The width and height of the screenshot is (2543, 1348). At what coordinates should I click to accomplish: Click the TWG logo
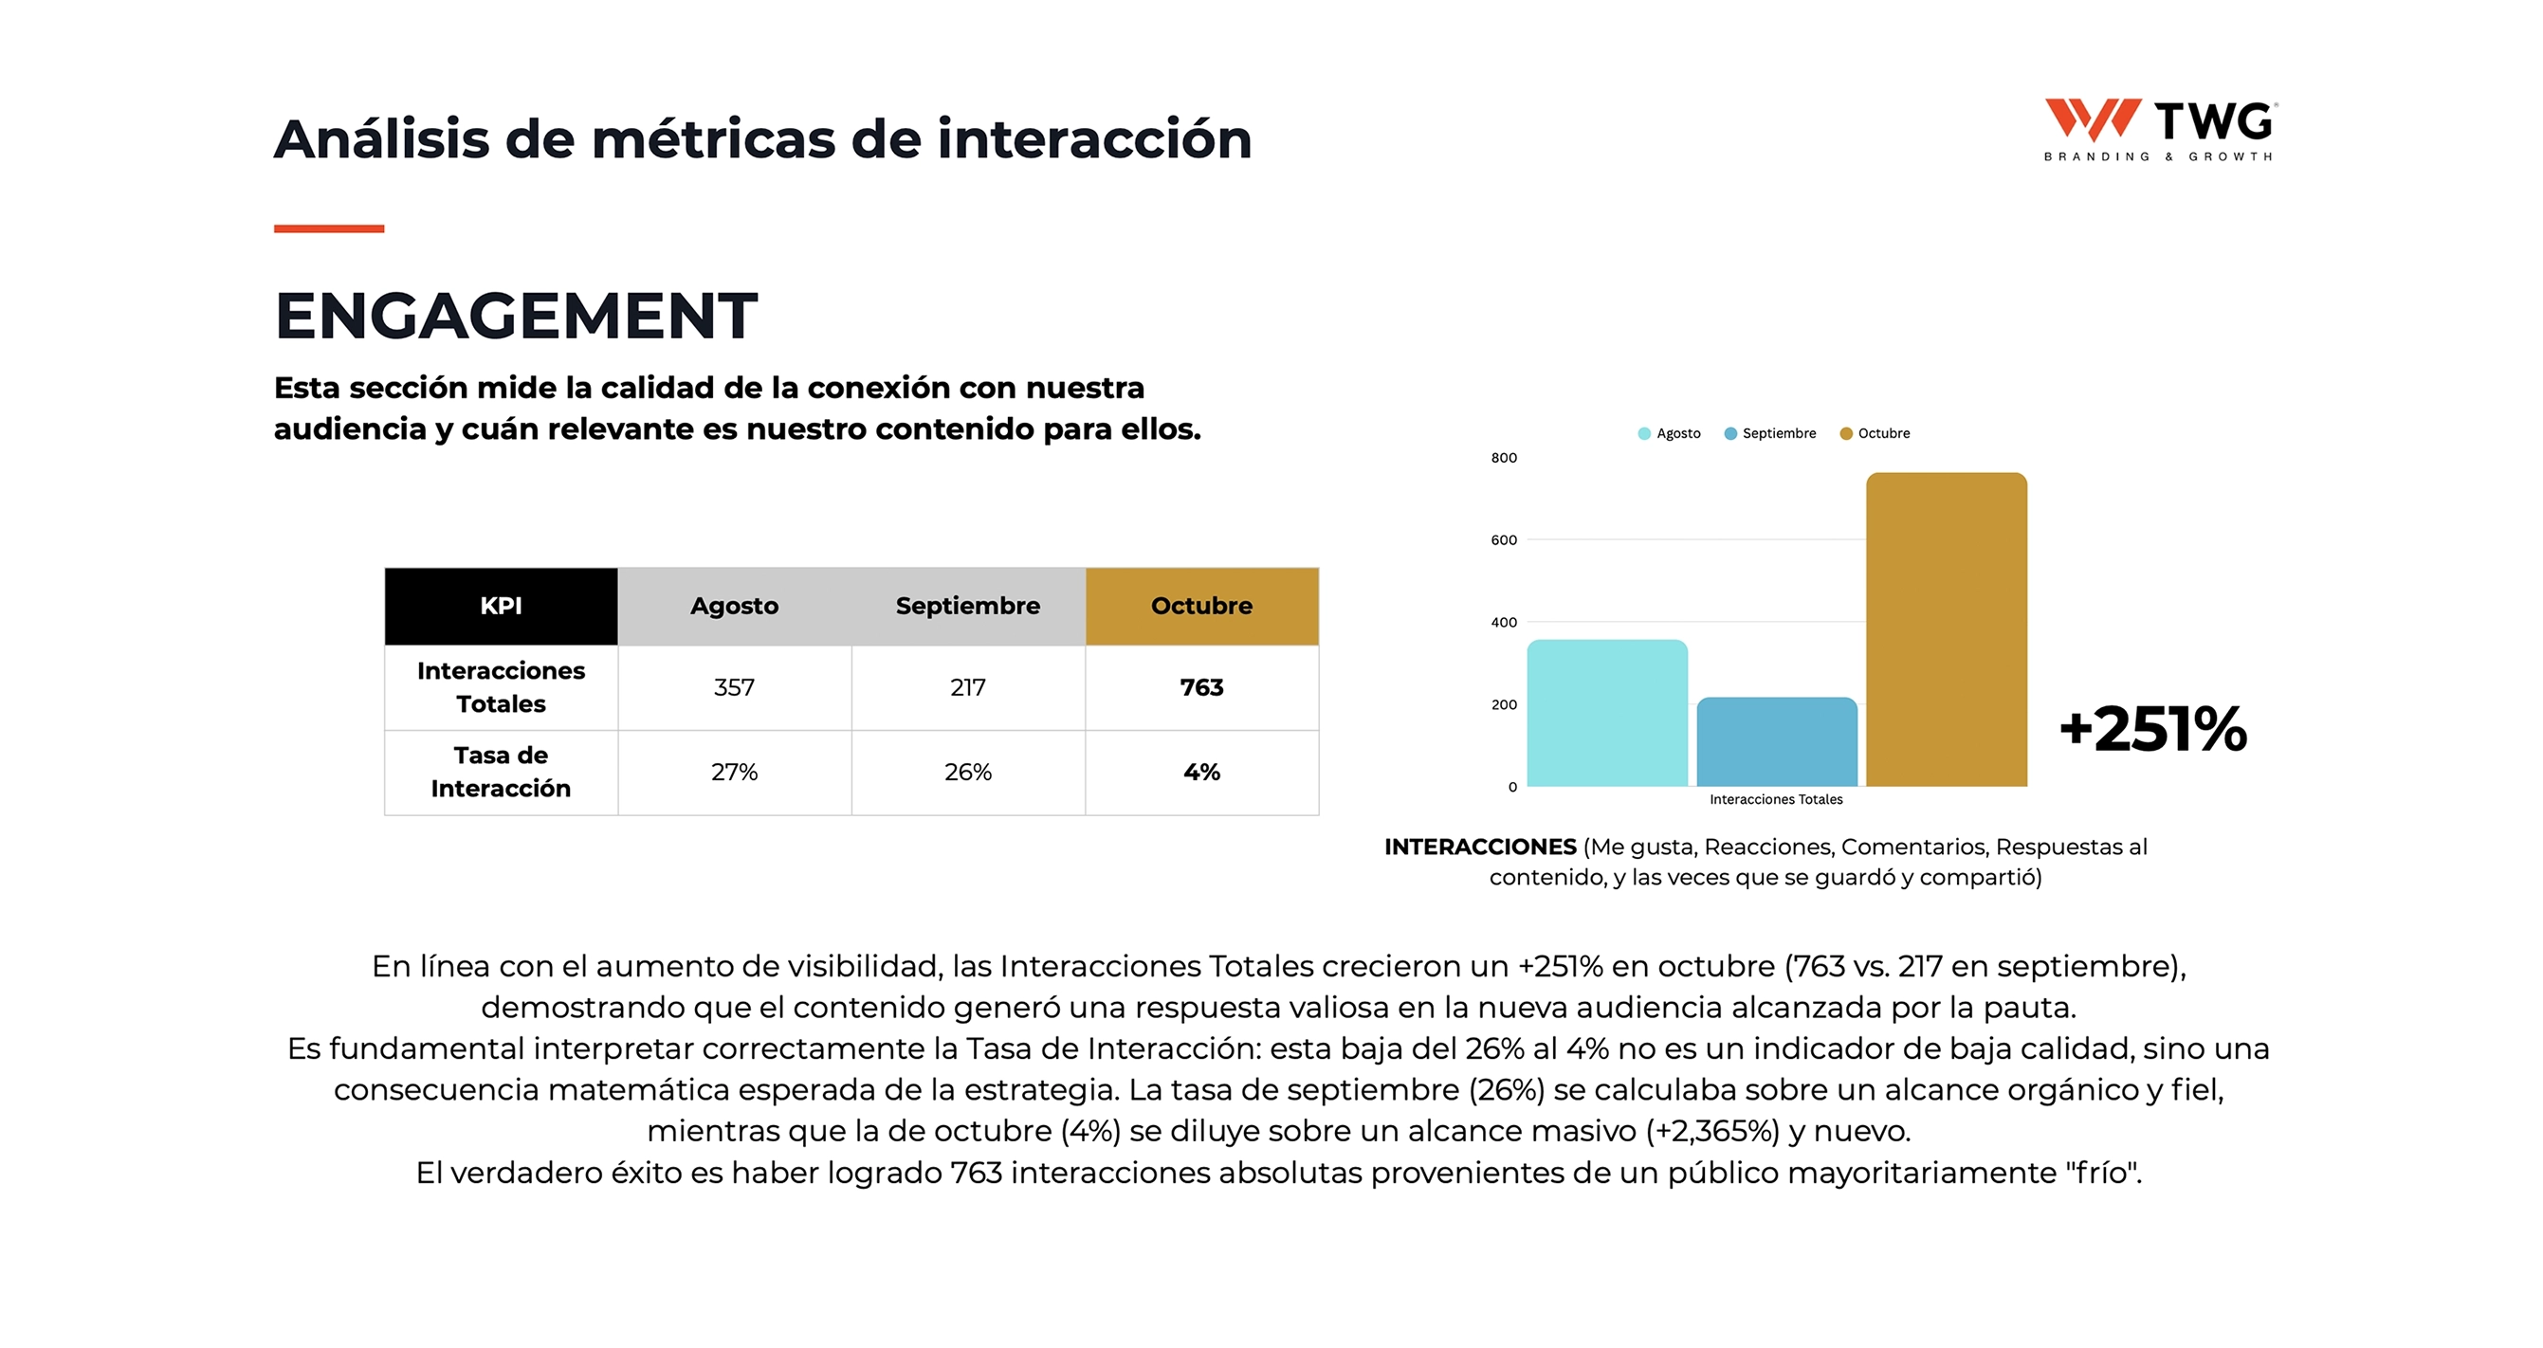tap(2159, 129)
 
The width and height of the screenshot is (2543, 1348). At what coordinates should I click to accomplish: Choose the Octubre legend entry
tap(1875, 433)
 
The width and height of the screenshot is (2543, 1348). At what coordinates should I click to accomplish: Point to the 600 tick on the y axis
tap(1504, 539)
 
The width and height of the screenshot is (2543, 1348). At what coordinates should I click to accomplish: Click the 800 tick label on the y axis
tap(1504, 458)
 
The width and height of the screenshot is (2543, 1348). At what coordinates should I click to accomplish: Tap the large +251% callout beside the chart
tap(2152, 729)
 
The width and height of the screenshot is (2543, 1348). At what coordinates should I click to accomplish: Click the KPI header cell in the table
tap(501, 606)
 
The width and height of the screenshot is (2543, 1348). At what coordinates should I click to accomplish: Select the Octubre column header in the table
tap(1201, 606)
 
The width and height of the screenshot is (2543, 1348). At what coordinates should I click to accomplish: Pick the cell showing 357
tap(735, 688)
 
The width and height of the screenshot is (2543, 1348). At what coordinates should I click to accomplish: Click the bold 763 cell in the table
tap(1201, 688)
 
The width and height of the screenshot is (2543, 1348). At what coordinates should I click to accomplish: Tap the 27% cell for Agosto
tap(735, 772)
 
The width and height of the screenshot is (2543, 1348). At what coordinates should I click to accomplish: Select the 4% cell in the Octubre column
tap(1201, 772)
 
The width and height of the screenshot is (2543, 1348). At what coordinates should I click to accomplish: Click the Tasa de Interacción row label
tap(501, 772)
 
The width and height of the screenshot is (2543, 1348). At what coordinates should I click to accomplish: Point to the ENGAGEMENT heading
tap(515, 317)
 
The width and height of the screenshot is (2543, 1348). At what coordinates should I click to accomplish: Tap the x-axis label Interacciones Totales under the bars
tap(1776, 799)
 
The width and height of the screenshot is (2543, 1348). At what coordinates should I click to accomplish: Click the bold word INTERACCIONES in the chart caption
tap(1480, 847)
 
